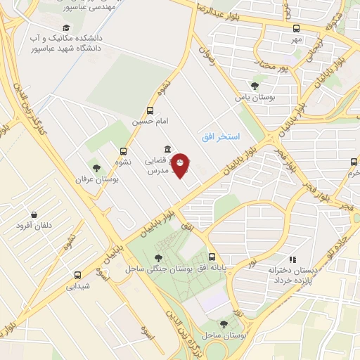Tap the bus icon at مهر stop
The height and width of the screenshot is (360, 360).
296,29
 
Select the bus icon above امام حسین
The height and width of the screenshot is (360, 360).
150,110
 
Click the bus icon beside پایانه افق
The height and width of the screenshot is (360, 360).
212,257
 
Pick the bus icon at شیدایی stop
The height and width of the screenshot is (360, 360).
77,275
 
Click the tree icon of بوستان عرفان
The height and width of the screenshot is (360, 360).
96,168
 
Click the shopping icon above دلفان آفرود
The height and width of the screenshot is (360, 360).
34,214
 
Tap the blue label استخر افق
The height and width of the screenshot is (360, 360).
221,136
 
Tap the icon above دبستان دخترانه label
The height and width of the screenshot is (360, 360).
292,259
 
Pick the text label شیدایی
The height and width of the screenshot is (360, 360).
79,286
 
